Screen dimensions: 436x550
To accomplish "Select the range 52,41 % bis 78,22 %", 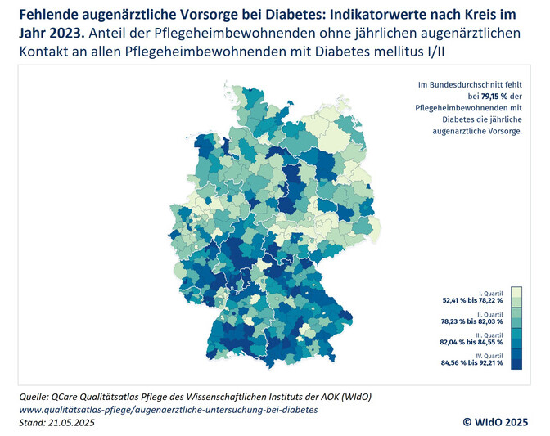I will (471, 300).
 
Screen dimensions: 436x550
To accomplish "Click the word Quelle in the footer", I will (38, 397).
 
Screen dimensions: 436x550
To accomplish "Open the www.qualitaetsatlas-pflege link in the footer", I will (167, 409).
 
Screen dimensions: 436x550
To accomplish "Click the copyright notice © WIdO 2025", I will (497, 421).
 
